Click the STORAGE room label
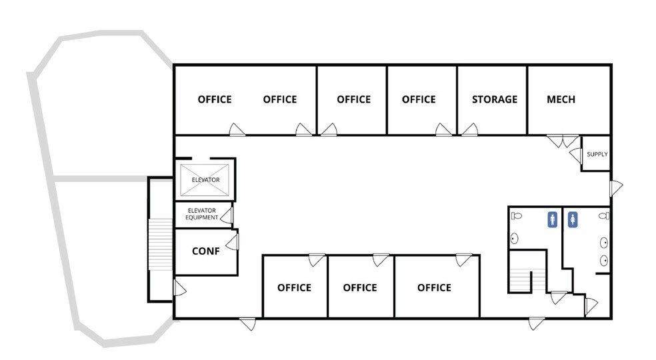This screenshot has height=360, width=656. click(x=494, y=99)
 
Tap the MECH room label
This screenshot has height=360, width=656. click(x=561, y=99)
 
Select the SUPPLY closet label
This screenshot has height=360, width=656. click(x=597, y=155)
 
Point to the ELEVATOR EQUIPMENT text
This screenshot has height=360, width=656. click(x=202, y=214)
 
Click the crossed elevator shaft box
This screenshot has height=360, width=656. click(x=206, y=179)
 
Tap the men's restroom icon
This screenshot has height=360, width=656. click(x=552, y=219)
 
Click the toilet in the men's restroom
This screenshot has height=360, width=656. click(x=516, y=216)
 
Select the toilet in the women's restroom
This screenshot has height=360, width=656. click(x=604, y=216)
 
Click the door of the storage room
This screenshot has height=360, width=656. click(x=471, y=129)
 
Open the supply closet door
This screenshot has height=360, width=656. click(x=575, y=155)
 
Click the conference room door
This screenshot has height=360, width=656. click(x=233, y=242)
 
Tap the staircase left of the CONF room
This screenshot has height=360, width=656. click(x=160, y=243)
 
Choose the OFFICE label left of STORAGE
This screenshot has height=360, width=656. click(x=419, y=99)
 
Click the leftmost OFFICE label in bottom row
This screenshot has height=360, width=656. click(x=294, y=288)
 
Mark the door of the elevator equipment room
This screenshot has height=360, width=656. click(x=228, y=215)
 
